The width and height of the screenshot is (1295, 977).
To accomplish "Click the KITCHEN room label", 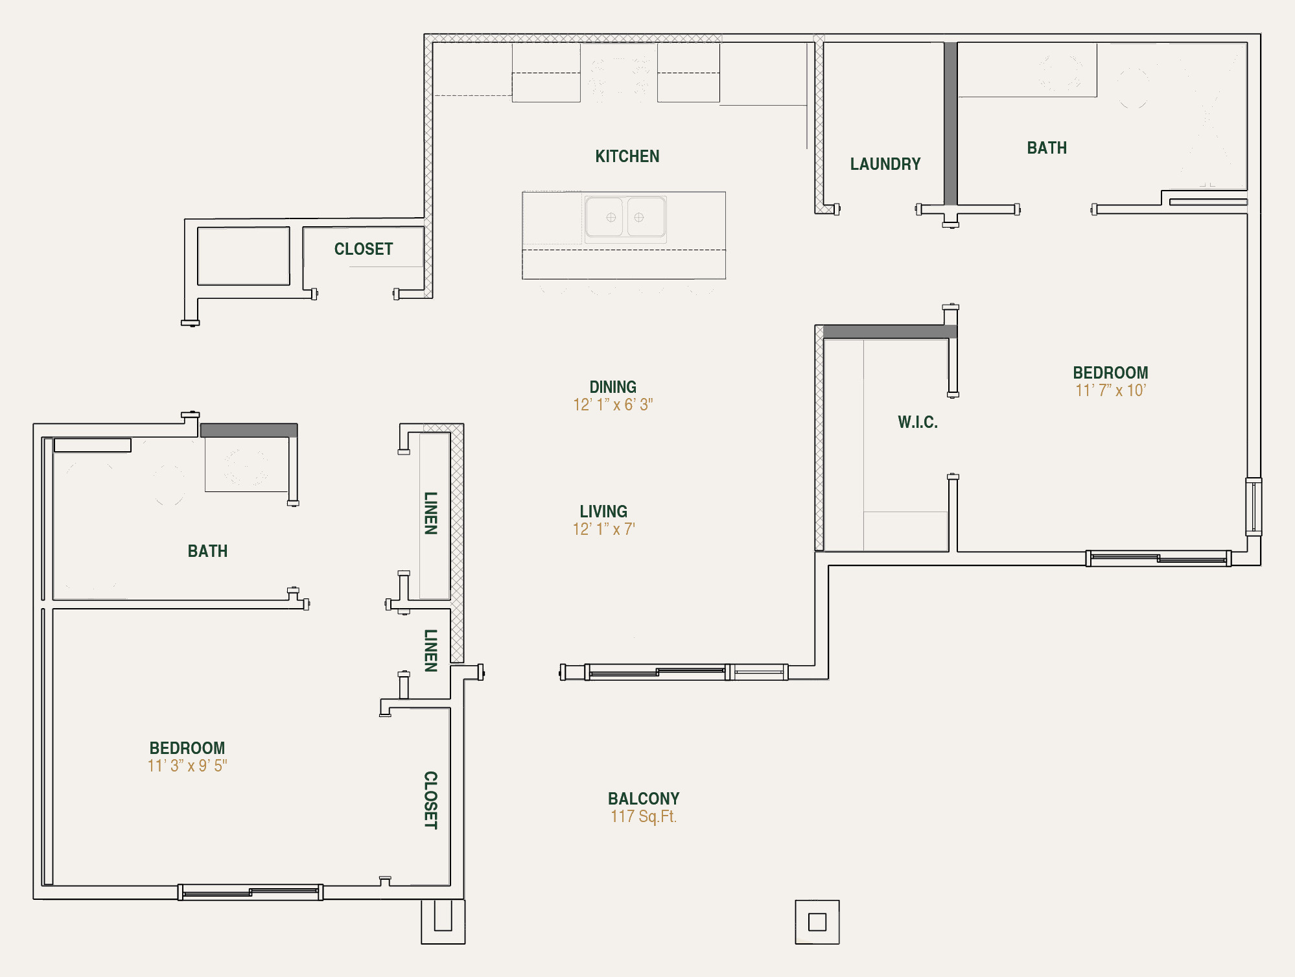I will click(x=627, y=156).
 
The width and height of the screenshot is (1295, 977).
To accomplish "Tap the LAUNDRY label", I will click(x=885, y=164).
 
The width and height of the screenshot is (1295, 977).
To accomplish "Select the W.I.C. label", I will click(x=917, y=422).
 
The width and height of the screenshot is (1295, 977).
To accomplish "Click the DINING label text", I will click(x=612, y=387).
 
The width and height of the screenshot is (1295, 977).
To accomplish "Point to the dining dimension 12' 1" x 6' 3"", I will click(x=612, y=405).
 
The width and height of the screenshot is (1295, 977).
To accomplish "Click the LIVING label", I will click(x=603, y=512).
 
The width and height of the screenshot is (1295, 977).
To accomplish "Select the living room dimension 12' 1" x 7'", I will click(x=603, y=529).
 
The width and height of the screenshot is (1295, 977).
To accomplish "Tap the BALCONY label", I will click(x=643, y=799).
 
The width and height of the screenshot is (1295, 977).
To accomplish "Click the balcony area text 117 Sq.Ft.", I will click(x=643, y=816).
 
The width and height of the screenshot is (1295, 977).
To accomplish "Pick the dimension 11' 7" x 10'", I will click(x=1110, y=390).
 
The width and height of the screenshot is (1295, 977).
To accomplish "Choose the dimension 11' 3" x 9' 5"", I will click(x=187, y=766).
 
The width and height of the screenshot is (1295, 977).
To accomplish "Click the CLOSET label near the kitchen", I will click(x=363, y=249).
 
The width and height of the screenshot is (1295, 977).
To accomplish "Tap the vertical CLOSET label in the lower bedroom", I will click(x=430, y=800).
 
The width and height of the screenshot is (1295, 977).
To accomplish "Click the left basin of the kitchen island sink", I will click(x=604, y=217).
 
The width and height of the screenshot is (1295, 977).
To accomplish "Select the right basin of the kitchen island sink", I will click(x=646, y=217).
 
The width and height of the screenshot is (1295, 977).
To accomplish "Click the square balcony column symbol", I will click(x=817, y=921).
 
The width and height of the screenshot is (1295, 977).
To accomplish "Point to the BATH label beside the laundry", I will click(x=1046, y=148).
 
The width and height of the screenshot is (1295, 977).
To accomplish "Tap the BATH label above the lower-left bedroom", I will click(x=207, y=551).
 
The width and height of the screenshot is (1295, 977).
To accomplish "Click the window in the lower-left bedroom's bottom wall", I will click(x=250, y=892).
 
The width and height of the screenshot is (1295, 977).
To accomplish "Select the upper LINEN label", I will click(x=430, y=513).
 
